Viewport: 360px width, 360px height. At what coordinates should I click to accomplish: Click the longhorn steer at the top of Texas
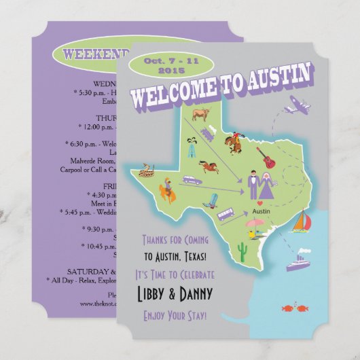tap(202, 117)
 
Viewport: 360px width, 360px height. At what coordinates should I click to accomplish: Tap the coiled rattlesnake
tap(145, 173)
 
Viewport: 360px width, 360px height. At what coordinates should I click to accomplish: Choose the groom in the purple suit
tap(253, 185)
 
